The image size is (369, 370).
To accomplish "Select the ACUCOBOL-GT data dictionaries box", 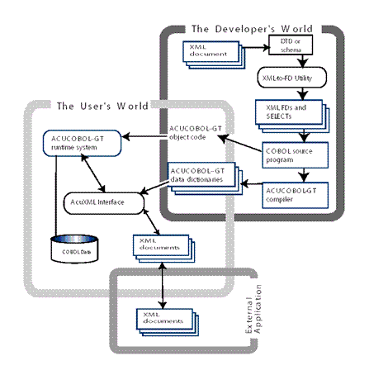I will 200,178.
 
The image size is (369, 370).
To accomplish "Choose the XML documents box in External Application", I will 161,317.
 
